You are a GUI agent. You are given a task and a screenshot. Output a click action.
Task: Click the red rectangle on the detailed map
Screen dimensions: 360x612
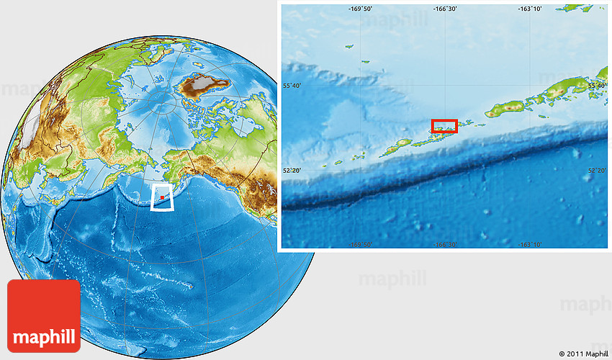pyautogui.click(x=444, y=126)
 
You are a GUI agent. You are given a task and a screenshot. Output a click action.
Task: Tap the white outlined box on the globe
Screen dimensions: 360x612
pyautogui.click(x=163, y=197)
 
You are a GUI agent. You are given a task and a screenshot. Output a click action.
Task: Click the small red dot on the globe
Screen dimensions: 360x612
pyautogui.click(x=163, y=196)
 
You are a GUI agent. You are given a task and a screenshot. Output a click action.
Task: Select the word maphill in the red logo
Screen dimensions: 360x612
pyautogui.click(x=44, y=337)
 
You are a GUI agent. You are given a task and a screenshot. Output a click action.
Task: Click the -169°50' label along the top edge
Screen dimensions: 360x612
pyautogui.click(x=361, y=9)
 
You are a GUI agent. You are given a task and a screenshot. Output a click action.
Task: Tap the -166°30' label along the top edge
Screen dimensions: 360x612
pyautogui.click(x=445, y=9)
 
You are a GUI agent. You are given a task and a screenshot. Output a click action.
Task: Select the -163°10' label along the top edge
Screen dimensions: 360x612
pyautogui.click(x=530, y=9)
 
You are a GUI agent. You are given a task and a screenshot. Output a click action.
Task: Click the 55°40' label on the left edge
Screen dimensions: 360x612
pyautogui.click(x=292, y=86)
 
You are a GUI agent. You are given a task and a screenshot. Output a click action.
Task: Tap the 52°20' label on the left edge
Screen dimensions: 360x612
pyautogui.click(x=292, y=171)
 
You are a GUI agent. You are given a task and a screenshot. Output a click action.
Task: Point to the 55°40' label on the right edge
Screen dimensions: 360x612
pyautogui.click(x=597, y=86)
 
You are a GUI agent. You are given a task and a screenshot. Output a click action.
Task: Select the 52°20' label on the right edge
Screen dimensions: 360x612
pyautogui.click(x=597, y=171)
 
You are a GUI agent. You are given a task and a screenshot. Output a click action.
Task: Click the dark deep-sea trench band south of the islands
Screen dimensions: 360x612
pyautogui.click(x=446, y=173)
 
